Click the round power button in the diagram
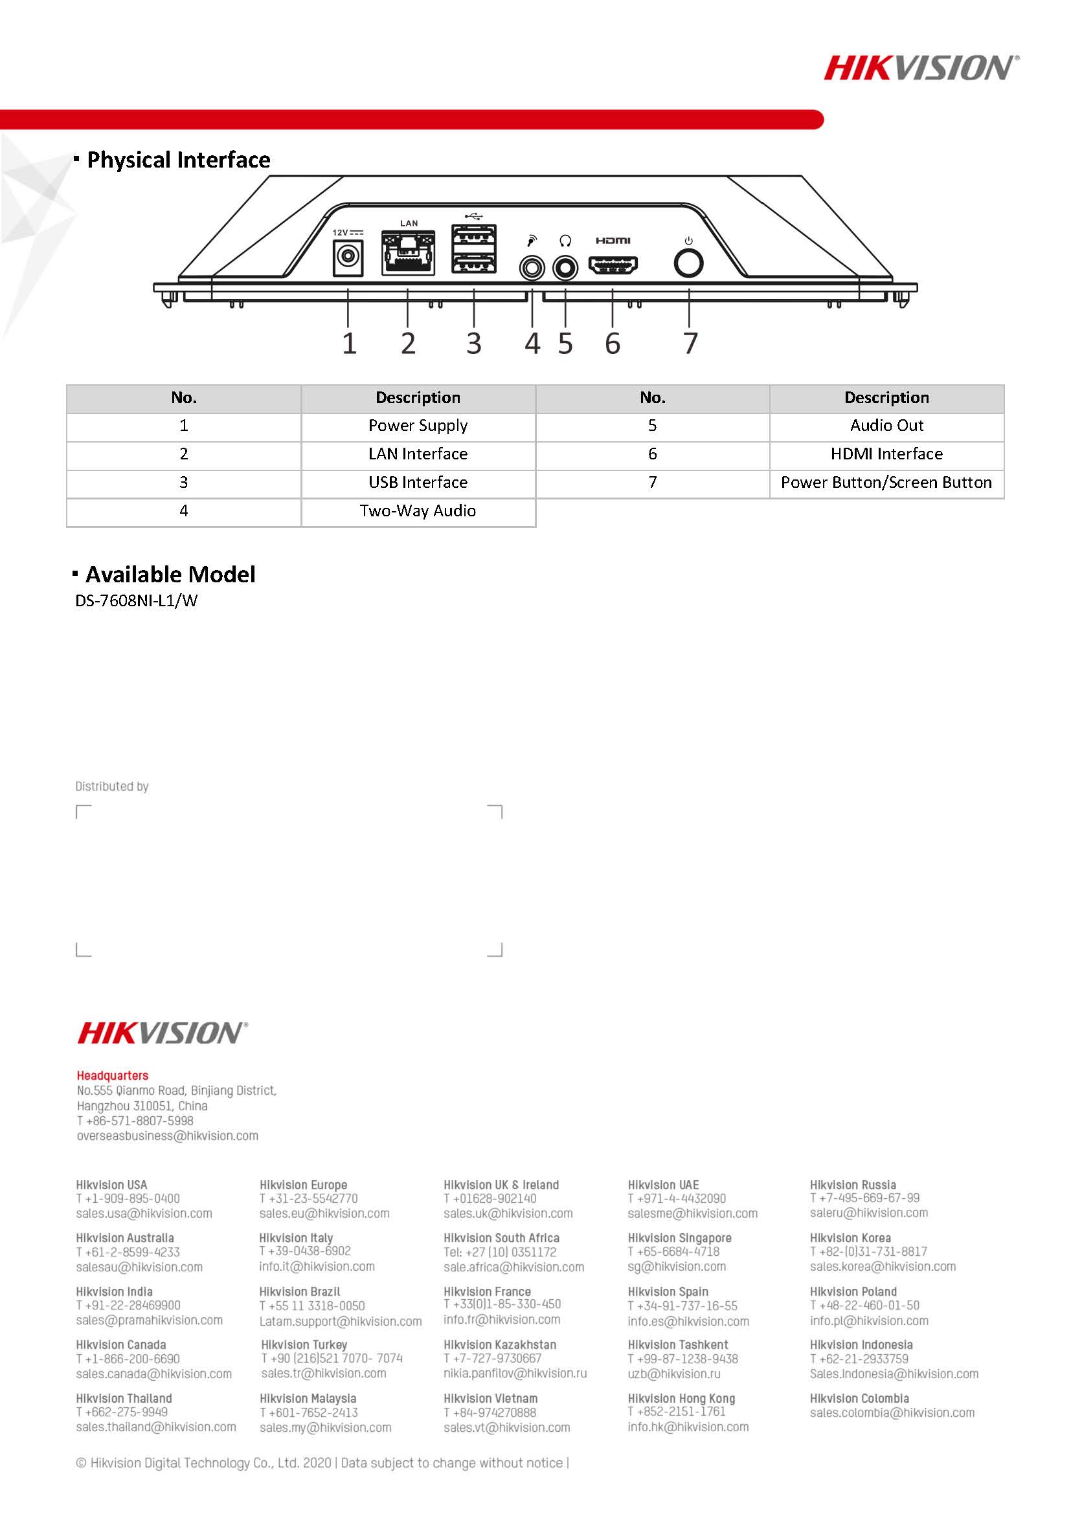(x=688, y=264)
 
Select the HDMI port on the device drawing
(x=613, y=266)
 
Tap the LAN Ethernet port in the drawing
(x=408, y=252)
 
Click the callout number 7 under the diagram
(x=690, y=344)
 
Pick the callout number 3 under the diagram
(x=473, y=344)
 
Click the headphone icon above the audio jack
(x=565, y=241)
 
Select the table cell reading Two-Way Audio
(x=418, y=511)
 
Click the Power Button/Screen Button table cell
(x=886, y=483)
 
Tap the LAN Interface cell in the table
(x=418, y=454)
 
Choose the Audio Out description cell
(x=886, y=426)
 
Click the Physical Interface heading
(x=178, y=160)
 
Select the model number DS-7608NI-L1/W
(x=137, y=600)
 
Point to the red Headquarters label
(x=112, y=1075)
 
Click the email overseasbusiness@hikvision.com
(x=168, y=1135)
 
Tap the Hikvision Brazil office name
(x=300, y=1292)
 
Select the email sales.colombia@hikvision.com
(x=892, y=1412)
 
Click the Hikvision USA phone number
(x=128, y=1198)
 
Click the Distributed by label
(x=111, y=786)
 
